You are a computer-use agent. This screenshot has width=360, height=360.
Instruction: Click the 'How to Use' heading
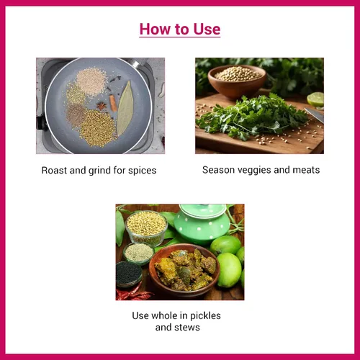(180, 29)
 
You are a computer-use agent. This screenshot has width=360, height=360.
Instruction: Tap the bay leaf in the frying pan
(125, 108)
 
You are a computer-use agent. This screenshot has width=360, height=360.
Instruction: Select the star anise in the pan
(102, 106)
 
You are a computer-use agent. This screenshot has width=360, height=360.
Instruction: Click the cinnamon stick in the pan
(113, 103)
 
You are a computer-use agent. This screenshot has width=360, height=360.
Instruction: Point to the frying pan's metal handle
(138, 62)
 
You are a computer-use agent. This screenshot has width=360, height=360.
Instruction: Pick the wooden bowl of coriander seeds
(237, 81)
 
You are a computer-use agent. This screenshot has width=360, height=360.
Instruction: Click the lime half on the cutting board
(315, 99)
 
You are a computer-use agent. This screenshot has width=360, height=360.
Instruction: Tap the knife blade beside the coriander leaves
(315, 114)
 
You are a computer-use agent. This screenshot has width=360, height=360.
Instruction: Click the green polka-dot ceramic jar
(202, 223)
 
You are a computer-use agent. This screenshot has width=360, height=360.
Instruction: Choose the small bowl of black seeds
(129, 274)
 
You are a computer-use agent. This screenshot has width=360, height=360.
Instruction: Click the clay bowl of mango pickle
(184, 270)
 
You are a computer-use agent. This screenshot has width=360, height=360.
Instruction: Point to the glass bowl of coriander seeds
(146, 228)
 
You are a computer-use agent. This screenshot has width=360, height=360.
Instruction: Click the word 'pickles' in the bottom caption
(205, 316)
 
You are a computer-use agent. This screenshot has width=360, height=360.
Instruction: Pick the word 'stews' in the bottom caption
(189, 328)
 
